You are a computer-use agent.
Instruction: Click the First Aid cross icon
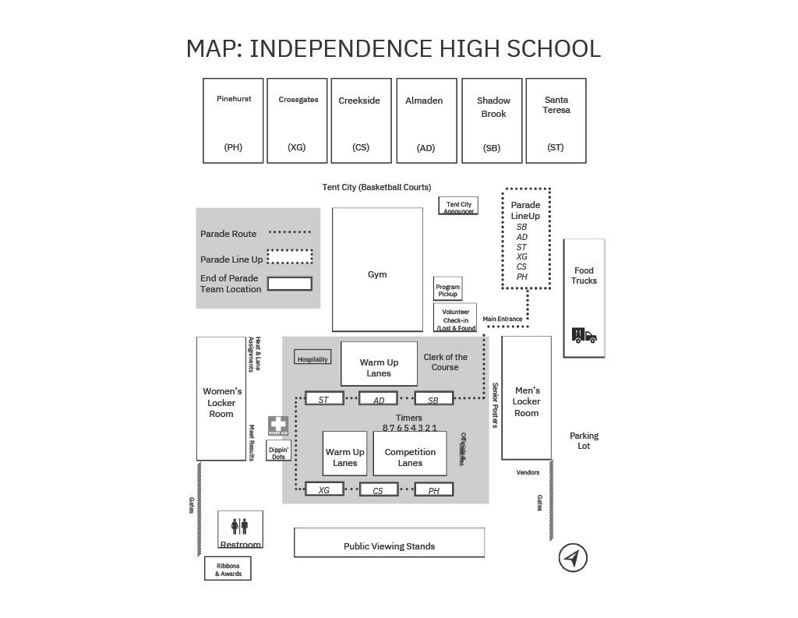click(x=278, y=426)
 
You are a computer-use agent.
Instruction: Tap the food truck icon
click(x=584, y=335)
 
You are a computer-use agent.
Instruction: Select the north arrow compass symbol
click(x=573, y=558)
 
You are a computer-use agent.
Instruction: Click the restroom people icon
click(x=240, y=527)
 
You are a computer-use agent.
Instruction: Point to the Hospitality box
click(x=312, y=358)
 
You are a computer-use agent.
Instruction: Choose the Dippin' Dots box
click(x=278, y=450)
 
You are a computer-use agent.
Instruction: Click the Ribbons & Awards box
click(x=228, y=569)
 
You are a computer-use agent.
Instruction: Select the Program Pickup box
click(x=447, y=289)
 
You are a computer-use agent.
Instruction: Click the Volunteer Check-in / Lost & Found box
click(x=455, y=318)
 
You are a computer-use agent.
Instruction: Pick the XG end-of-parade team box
click(x=324, y=490)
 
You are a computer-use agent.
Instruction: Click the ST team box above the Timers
click(x=324, y=400)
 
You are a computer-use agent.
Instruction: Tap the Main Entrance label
click(x=503, y=319)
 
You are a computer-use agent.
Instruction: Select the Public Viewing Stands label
click(x=389, y=546)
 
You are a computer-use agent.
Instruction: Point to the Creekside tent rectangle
click(x=360, y=121)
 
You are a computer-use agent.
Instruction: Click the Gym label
click(x=377, y=274)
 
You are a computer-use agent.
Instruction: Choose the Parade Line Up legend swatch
click(x=290, y=257)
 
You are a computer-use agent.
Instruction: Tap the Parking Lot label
click(x=584, y=441)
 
